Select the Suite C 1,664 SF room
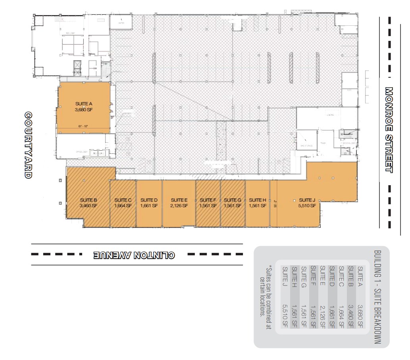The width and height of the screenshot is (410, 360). [123, 203]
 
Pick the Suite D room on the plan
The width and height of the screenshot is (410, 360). [149, 203]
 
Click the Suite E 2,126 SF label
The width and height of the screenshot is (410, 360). [179, 203]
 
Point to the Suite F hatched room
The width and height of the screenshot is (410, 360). [208, 203]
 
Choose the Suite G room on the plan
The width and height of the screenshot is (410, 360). [233, 203]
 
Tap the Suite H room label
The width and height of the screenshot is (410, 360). [258, 203]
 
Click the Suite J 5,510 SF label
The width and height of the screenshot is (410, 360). [307, 203]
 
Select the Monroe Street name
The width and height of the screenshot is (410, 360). [389, 130]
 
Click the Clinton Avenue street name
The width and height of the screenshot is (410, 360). [134, 255]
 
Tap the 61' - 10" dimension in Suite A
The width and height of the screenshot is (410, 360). [83, 126]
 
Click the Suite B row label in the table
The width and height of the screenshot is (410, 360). [350, 275]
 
